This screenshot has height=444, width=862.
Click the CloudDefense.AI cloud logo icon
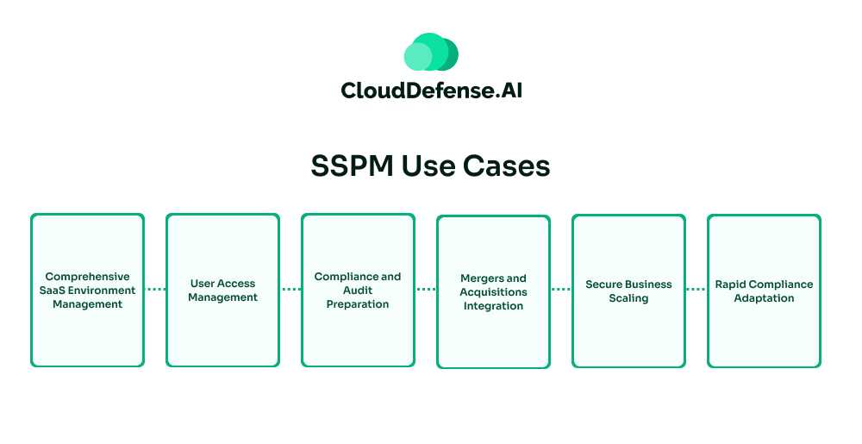click(431, 53)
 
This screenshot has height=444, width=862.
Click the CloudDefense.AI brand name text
click(431, 91)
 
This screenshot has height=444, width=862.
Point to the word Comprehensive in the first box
click(87, 277)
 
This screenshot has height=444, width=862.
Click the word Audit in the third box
click(358, 291)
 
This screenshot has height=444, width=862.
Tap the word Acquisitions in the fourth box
click(493, 292)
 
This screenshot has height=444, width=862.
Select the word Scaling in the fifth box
click(628, 298)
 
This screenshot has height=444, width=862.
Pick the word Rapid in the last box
click(730, 285)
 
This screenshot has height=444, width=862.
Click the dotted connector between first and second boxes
click(155, 290)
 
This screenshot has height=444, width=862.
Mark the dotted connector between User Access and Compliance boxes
click(290, 290)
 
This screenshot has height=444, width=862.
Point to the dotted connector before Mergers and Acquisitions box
click(426, 290)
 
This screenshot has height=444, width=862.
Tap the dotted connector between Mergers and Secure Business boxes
click(561, 290)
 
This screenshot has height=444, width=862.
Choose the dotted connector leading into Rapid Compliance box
click(696, 290)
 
